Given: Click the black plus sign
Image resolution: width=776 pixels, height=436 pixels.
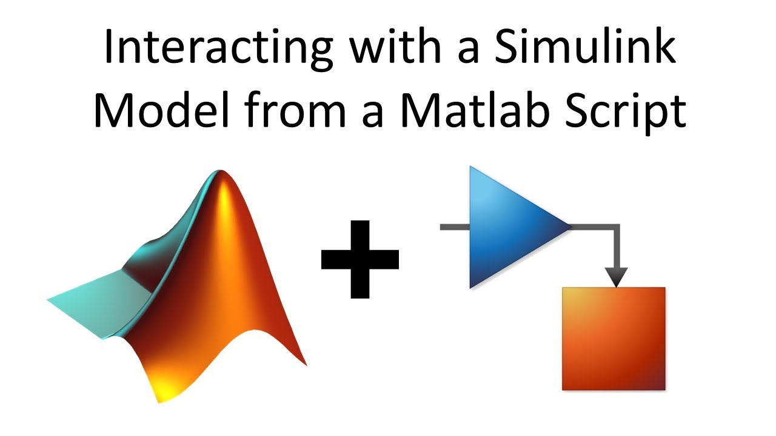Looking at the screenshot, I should (360, 259).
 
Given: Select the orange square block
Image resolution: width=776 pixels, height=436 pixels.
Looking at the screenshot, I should (614, 339).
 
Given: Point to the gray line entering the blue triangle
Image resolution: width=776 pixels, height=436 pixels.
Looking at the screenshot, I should (454, 227).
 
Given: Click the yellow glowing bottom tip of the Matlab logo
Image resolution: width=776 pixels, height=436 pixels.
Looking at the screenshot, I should (160, 396).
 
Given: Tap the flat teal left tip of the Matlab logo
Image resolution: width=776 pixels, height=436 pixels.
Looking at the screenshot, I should (51, 299).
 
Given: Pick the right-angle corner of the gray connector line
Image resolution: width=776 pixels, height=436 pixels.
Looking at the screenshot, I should (617, 228).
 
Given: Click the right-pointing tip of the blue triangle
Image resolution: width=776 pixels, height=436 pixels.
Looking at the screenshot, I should (569, 227).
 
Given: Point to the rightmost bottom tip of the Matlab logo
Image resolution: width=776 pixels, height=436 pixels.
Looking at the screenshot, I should (305, 364).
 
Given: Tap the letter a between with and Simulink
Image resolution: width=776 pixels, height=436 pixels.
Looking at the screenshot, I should (469, 53).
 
